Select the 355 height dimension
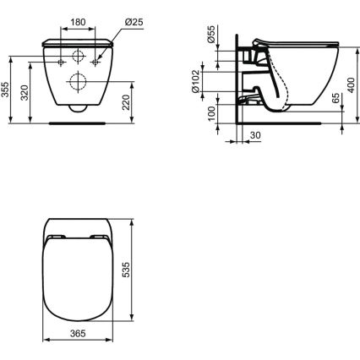pyautogui.click(x=6, y=89)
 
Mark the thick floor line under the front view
pyautogui.click(x=79, y=121)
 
